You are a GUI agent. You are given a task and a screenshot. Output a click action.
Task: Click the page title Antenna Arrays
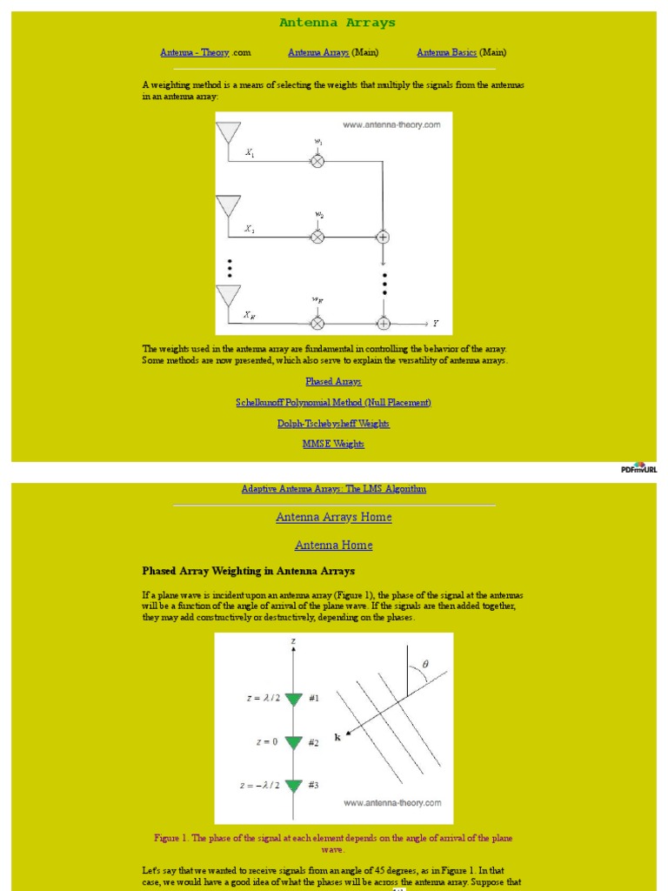click(x=337, y=23)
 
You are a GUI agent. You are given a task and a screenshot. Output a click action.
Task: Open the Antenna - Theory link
click(x=195, y=52)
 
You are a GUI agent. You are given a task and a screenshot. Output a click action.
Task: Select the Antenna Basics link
click(x=446, y=52)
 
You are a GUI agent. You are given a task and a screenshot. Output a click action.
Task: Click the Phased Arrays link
click(x=333, y=381)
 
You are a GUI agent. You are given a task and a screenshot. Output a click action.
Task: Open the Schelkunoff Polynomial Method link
click(x=333, y=402)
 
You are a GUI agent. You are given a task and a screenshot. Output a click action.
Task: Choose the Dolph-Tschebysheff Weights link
click(x=333, y=423)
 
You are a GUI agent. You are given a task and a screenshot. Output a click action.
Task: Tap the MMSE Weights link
click(x=333, y=444)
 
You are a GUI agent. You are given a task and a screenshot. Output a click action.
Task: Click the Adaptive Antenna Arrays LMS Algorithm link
click(x=333, y=489)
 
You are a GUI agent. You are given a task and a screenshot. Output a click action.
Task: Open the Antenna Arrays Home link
click(x=333, y=517)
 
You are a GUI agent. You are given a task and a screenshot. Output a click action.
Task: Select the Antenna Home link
click(x=333, y=545)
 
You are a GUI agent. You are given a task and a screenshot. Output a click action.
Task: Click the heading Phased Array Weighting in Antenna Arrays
click(x=248, y=571)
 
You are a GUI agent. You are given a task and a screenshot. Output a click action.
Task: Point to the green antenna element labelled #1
click(x=293, y=699)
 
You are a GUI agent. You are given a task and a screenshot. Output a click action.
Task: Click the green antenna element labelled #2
click(x=293, y=742)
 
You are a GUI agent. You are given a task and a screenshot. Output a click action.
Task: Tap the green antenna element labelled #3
click(x=293, y=786)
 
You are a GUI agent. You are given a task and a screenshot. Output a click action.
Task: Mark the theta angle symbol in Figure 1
click(x=425, y=664)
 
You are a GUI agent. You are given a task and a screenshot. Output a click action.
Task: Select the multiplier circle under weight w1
click(x=317, y=161)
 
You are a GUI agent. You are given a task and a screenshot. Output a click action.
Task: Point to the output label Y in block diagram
click(x=436, y=324)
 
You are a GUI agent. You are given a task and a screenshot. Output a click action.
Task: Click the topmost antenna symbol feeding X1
click(x=228, y=133)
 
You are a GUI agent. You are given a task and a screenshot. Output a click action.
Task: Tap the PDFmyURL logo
click(x=639, y=467)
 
